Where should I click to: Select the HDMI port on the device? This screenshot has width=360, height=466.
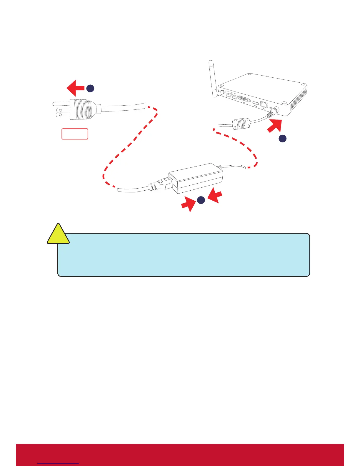pyautogui.click(x=256, y=103)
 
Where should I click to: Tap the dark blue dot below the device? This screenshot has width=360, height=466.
pyautogui.click(x=282, y=138)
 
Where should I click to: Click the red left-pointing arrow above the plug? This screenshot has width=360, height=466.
pyautogui.click(x=75, y=88)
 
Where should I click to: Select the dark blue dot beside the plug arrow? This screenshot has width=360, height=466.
pyautogui.click(x=90, y=88)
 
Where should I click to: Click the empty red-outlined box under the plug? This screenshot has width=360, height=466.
pyautogui.click(x=75, y=134)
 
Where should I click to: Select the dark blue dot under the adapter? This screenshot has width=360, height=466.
pyautogui.click(x=201, y=200)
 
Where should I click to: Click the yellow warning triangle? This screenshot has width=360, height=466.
pyautogui.click(x=59, y=235)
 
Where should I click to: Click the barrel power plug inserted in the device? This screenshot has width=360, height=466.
pyautogui.click(x=273, y=112)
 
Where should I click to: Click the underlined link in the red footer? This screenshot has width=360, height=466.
pyautogui.click(x=58, y=463)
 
